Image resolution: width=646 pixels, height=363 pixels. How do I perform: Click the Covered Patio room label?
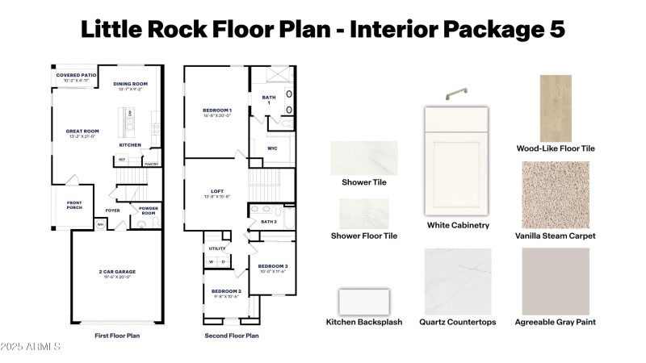tap(76, 75)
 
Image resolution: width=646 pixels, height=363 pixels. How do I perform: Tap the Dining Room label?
tap(130, 83)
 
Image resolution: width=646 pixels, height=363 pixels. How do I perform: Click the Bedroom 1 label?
tap(216, 110)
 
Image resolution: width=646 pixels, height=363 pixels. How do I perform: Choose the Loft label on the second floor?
tap(216, 192)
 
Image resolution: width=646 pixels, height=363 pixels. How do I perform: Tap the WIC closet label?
tap(272, 148)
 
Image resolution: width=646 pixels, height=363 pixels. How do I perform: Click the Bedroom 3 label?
tap(272, 266)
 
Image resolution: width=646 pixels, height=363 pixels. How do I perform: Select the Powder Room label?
tap(148, 211)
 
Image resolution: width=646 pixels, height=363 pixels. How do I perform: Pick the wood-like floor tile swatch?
tap(555, 108)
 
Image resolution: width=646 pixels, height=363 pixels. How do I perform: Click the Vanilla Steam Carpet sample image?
tap(555, 194)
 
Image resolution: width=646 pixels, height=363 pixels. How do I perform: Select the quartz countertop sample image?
tap(457, 280)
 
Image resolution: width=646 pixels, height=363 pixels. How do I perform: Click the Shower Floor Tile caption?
tap(363, 236)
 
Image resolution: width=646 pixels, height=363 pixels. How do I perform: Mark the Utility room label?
tap(216, 248)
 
